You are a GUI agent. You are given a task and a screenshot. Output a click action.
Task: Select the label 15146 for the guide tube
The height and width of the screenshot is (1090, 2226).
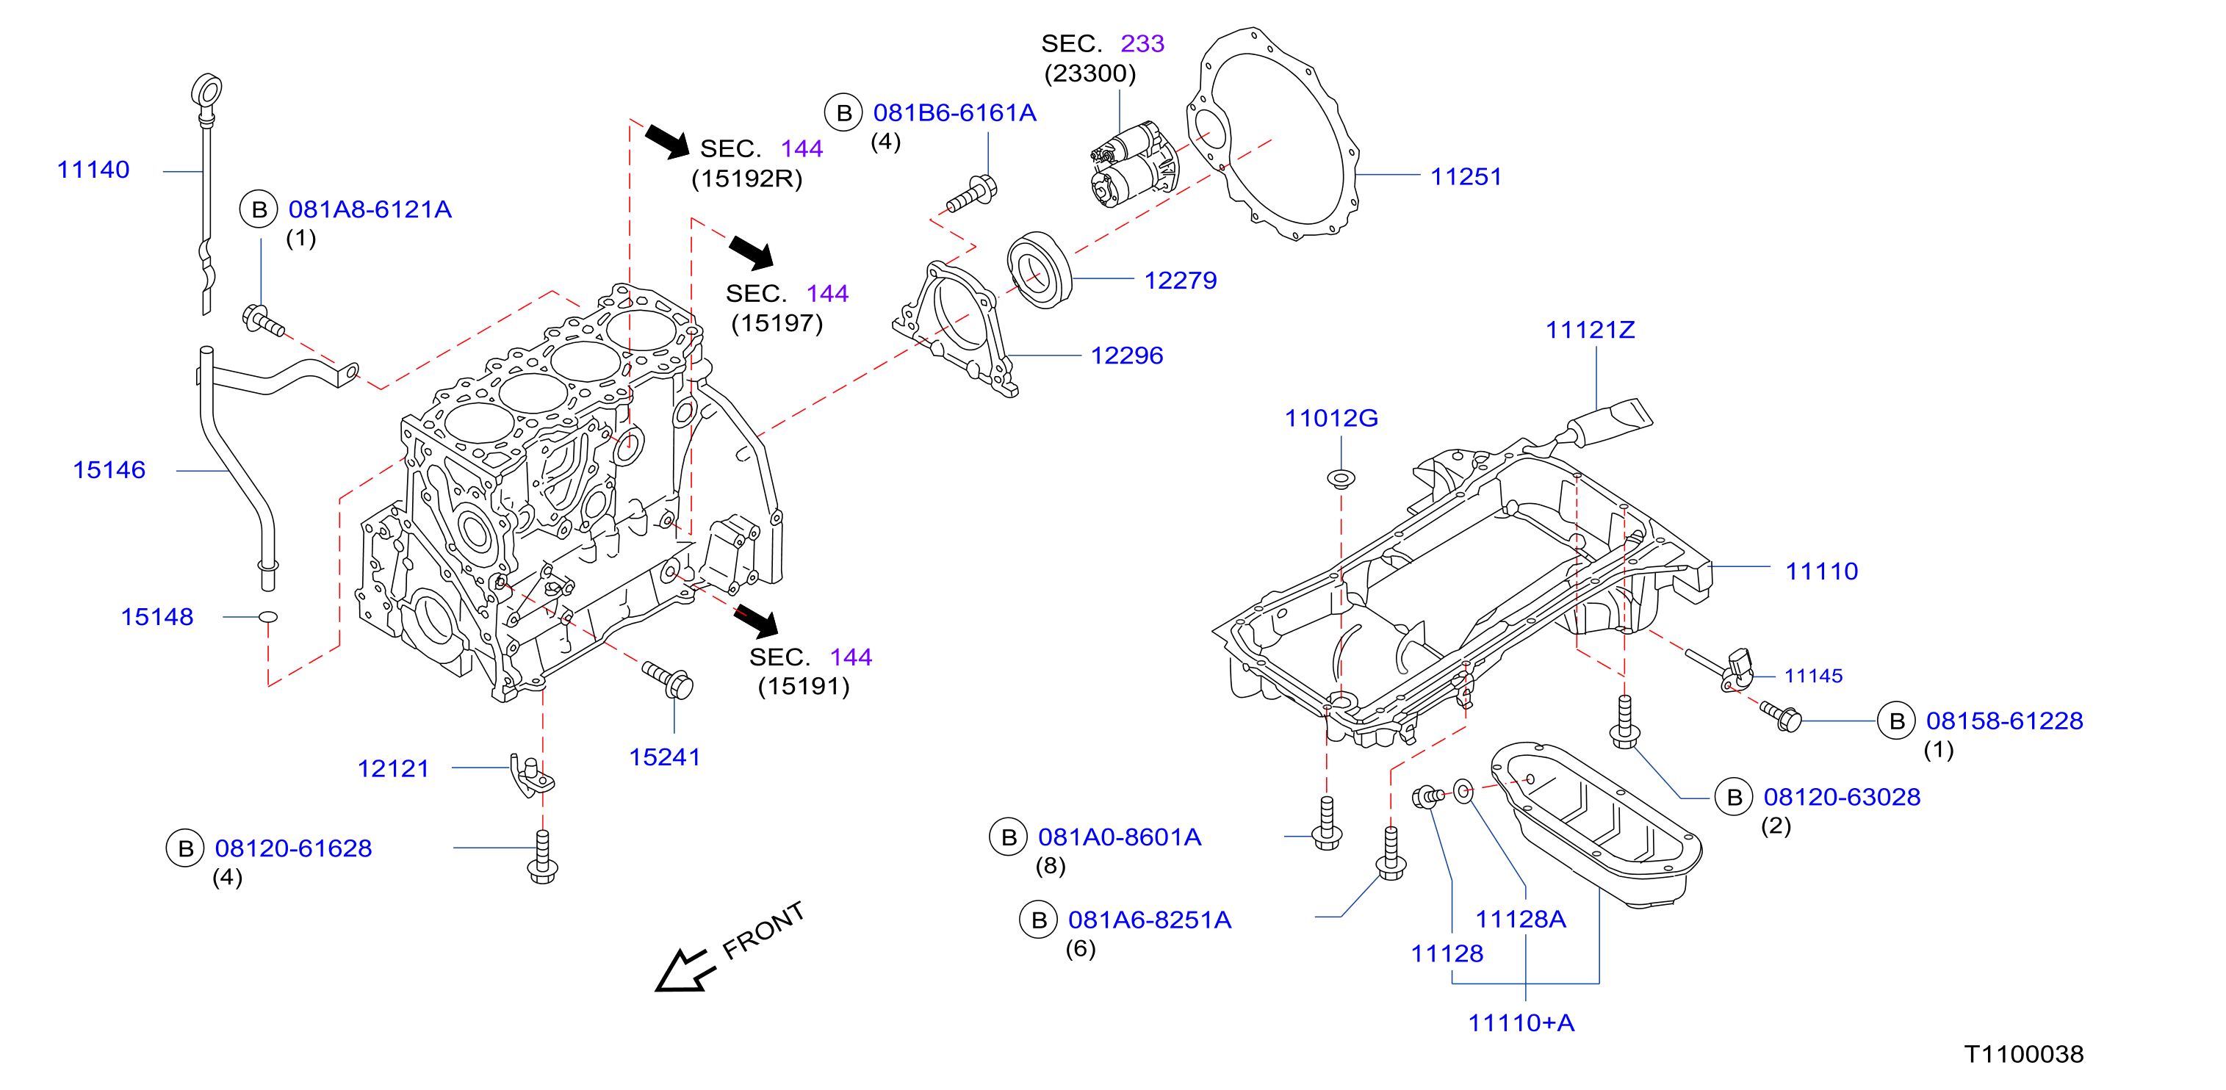click(109, 470)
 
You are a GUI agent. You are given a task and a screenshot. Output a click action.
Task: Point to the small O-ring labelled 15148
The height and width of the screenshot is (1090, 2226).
click(269, 617)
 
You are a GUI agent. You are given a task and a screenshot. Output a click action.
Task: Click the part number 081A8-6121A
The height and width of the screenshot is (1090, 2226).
click(370, 209)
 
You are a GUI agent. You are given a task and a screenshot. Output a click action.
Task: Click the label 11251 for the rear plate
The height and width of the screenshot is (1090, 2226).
click(1466, 176)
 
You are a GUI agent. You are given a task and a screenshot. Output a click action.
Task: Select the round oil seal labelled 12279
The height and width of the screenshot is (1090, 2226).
click(1040, 270)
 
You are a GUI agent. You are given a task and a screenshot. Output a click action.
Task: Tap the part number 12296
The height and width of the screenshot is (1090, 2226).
click(1127, 355)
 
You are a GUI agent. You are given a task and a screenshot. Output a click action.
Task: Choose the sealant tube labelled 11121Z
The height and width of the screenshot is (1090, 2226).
click(1609, 425)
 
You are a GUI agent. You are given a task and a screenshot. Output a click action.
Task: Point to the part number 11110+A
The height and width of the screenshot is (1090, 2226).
click(1521, 1022)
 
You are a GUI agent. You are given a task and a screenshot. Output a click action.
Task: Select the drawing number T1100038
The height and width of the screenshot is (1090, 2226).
click(2024, 1054)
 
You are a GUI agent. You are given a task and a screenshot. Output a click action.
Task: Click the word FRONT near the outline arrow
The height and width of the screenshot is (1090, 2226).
click(763, 930)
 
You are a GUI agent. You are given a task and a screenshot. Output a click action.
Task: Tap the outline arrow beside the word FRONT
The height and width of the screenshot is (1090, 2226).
click(686, 971)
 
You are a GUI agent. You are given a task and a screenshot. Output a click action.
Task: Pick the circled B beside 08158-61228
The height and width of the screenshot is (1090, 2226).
click(1897, 721)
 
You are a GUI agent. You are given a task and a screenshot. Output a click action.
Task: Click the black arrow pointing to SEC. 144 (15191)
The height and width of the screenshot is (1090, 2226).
click(756, 621)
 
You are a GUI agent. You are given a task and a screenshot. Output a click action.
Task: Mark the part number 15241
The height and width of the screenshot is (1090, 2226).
click(665, 757)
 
